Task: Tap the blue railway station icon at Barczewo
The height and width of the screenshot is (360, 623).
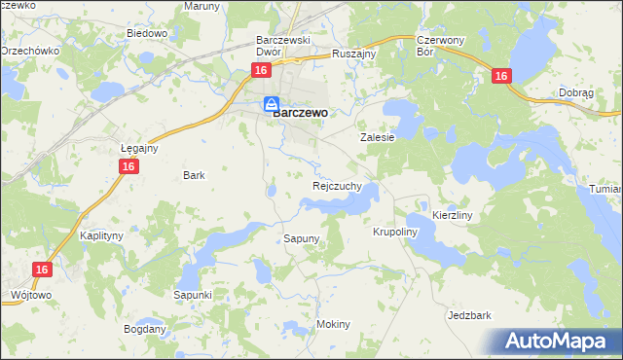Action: [x=271, y=104]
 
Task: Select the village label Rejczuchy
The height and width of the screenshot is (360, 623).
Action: [x=338, y=185]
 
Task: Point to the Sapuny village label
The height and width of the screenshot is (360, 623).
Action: [x=302, y=238]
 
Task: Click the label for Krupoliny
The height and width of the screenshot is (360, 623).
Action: [x=394, y=233]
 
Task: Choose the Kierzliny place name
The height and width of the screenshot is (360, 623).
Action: [x=452, y=214]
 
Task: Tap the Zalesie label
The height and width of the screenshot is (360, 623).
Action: [x=377, y=138]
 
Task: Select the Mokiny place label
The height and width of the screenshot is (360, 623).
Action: [x=333, y=324]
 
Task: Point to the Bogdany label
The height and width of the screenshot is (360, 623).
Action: [x=145, y=329]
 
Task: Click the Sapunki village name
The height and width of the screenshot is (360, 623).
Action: [x=193, y=294]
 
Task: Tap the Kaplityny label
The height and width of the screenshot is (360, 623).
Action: [x=100, y=236]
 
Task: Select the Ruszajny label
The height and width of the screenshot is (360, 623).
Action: [x=353, y=54]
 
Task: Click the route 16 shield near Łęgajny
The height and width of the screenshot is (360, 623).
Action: [x=129, y=167]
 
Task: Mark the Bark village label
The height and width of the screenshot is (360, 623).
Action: [x=194, y=175]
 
